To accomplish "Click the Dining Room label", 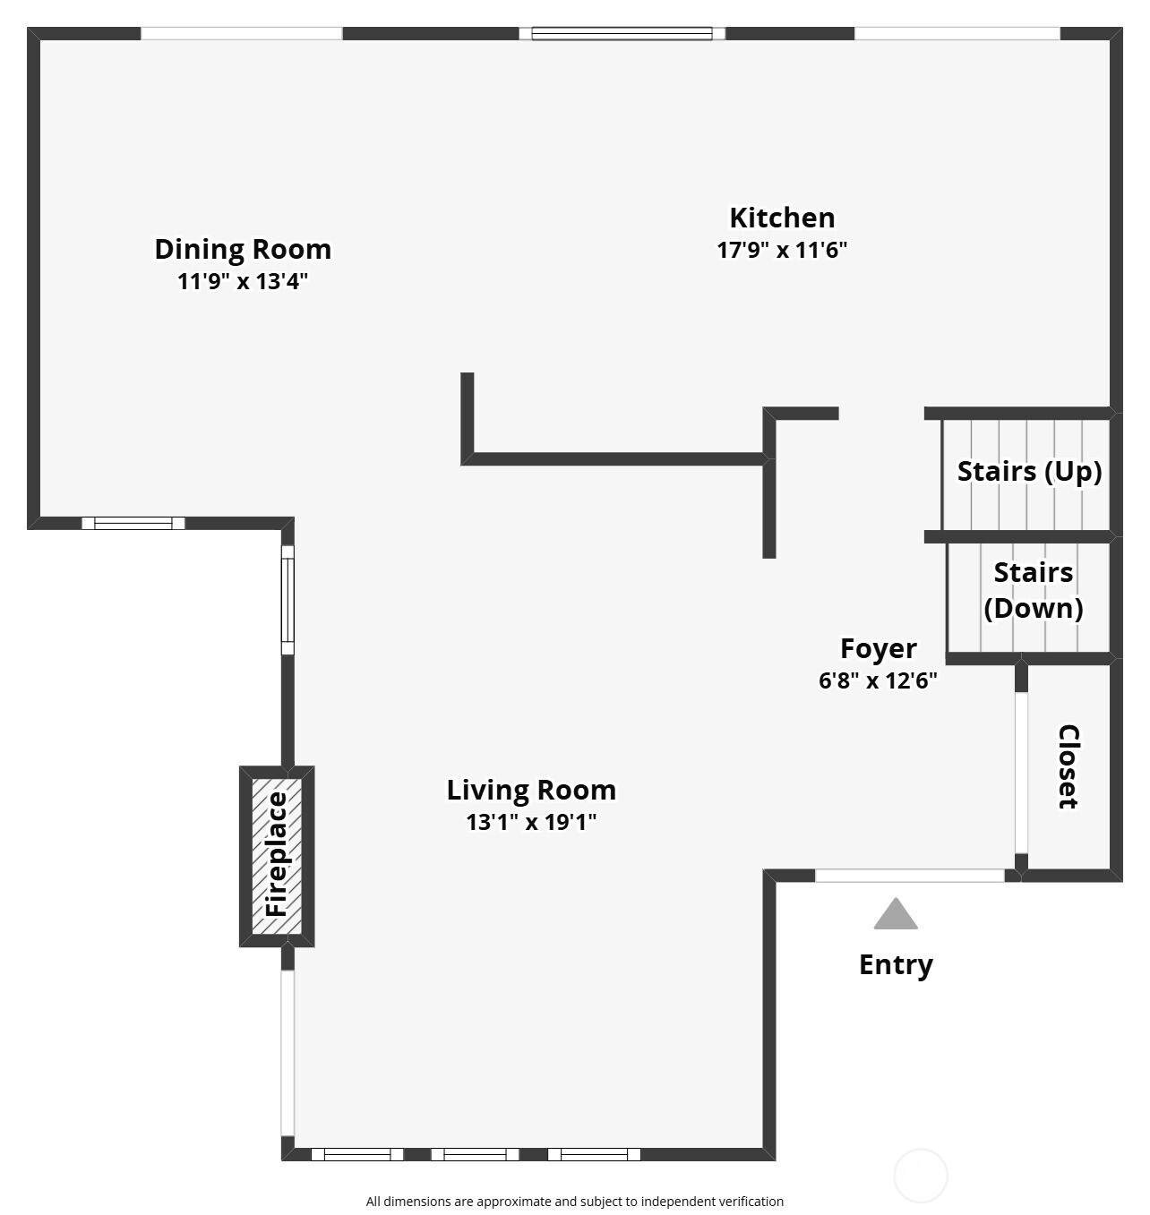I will click(243, 249).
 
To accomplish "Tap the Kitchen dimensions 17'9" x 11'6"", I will click(782, 250).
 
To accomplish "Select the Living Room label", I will click(531, 790).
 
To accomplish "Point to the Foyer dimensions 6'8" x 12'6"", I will click(878, 680).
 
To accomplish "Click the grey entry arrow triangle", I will click(896, 916).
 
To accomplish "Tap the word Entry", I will click(896, 964).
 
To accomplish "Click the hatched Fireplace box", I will click(277, 856).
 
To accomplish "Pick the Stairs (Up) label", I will click(1029, 471).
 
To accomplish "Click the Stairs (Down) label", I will click(1033, 590).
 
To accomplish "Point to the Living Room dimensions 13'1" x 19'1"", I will click(531, 822).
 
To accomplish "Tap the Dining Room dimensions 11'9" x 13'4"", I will click(243, 282).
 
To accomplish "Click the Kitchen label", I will click(782, 218).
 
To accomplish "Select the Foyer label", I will click(878, 648).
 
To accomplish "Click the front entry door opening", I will click(909, 876).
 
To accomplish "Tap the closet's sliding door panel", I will click(1021, 773).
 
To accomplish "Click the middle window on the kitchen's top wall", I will click(622, 34).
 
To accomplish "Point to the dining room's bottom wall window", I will click(133, 524).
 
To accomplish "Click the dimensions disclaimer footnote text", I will click(574, 1202).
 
